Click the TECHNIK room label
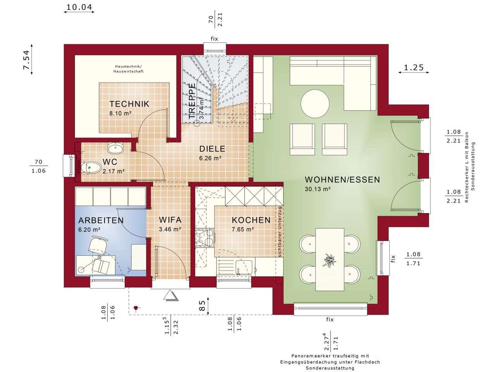click(x=129, y=104)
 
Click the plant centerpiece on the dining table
click(x=330, y=260)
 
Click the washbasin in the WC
click(x=115, y=148)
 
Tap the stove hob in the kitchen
click(x=205, y=237)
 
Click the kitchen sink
click(x=244, y=267)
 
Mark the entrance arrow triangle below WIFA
click(x=170, y=296)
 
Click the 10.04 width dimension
click(x=79, y=7)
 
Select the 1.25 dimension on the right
click(x=413, y=67)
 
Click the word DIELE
click(x=212, y=149)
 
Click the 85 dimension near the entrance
click(x=202, y=305)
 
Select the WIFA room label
click(x=170, y=220)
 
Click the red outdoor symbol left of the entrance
click(x=136, y=308)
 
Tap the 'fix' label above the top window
click(x=214, y=39)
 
